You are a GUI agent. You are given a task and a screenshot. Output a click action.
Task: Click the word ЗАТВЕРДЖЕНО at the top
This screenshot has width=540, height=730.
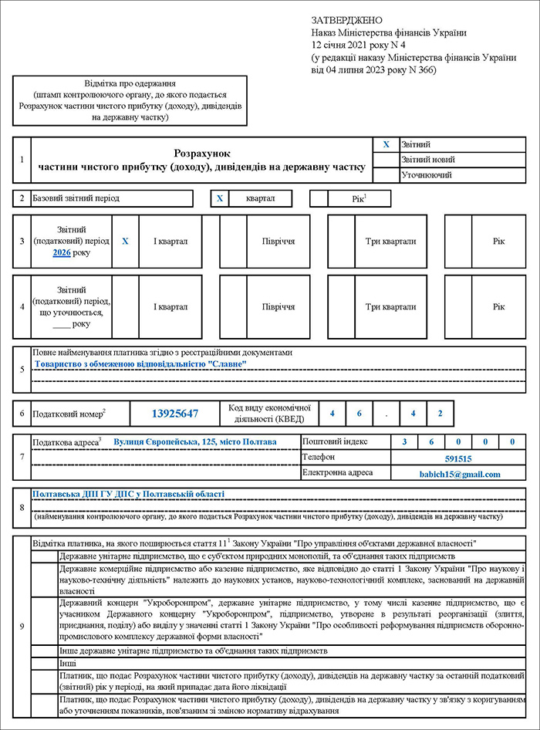click(347, 19)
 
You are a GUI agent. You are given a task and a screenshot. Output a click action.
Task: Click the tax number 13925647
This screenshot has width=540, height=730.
click(174, 414)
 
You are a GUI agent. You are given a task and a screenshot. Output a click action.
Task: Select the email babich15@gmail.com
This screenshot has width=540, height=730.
click(460, 474)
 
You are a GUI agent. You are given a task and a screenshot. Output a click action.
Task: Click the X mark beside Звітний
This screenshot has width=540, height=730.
click(386, 144)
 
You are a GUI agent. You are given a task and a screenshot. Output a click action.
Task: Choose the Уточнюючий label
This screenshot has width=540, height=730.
click(427, 175)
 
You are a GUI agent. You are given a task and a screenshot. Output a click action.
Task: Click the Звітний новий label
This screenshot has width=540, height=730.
click(428, 160)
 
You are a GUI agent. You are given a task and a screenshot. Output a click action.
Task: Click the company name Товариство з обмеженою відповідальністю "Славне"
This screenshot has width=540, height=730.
click(140, 363)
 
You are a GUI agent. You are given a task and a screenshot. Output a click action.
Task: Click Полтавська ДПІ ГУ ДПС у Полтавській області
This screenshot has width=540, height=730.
click(128, 494)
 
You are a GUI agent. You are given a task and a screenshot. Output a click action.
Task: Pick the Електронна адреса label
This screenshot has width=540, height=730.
click(338, 473)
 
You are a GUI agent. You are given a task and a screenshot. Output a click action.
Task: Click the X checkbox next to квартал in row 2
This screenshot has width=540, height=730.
click(220, 198)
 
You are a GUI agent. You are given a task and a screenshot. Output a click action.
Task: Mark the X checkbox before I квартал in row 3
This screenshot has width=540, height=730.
click(126, 242)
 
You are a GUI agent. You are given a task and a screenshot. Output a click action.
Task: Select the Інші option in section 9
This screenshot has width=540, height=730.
click(68, 663)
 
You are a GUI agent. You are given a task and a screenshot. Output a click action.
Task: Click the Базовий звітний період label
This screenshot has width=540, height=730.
click(76, 198)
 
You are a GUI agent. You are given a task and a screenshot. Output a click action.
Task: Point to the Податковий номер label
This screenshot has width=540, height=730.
click(68, 414)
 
